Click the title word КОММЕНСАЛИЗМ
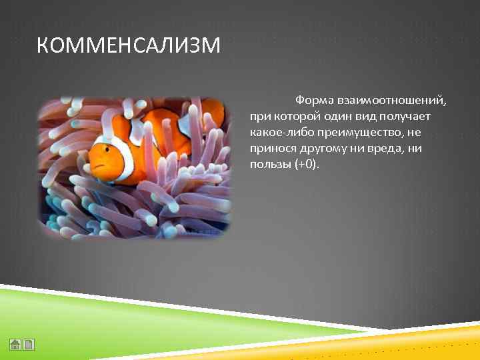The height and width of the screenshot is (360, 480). point(127,46)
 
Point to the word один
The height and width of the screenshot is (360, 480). point(338,117)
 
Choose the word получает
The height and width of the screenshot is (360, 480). point(407,117)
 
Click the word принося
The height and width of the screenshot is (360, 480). point(273,149)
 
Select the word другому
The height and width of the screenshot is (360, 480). point(325,149)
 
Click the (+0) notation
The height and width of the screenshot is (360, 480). point(306,165)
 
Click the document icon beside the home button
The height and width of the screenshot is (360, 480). point(30,345)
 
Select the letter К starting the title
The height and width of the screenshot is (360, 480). point(41,46)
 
